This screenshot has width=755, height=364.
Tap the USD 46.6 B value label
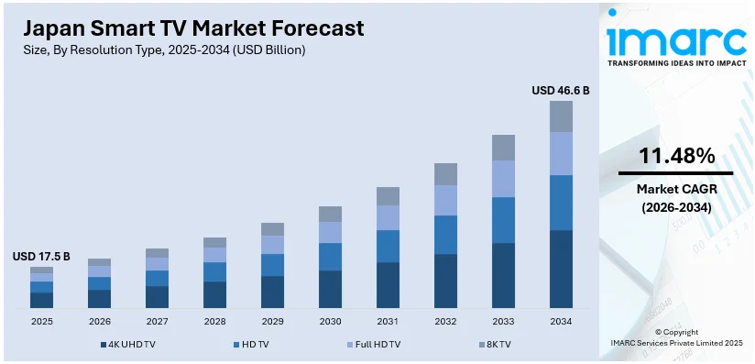561,91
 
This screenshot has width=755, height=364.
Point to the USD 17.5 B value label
41,257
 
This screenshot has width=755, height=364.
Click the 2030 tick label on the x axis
330,321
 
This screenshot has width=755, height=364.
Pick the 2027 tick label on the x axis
157,321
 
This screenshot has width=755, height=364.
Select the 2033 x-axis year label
503,321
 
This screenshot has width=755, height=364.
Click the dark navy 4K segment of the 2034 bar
561,268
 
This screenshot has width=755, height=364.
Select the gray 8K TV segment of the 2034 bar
561,116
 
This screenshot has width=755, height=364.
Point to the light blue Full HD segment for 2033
503,179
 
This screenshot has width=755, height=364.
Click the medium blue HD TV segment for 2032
445,235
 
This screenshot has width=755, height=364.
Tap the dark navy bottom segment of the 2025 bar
41,300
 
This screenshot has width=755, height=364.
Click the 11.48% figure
676,157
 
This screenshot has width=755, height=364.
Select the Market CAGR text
676,189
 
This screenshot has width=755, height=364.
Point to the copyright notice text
676,336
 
